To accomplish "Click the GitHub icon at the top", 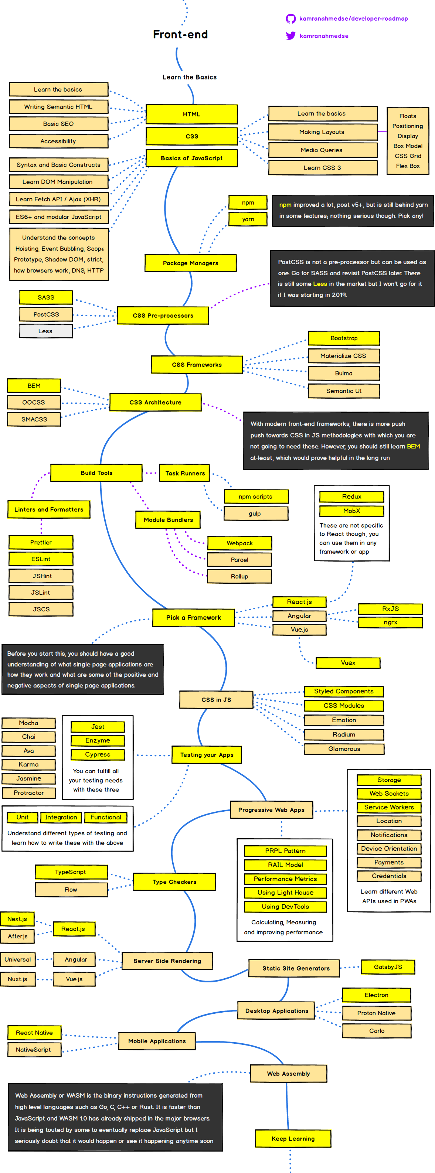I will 290,19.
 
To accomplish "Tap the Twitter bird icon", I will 290,35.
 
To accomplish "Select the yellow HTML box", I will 191,114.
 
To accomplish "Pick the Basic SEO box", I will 58,124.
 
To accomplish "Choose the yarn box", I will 248,219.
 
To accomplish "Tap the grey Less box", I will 45,331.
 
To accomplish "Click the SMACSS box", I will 34,419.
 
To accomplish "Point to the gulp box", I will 255,514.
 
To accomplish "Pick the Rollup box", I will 239,576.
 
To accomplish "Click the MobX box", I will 351,511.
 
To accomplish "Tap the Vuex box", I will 348,662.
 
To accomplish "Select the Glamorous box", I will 344,749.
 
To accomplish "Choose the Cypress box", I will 98,754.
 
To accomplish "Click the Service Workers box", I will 389,807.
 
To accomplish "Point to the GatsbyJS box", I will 388,967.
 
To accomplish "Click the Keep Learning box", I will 293,1138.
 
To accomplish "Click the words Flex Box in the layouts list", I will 408,166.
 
